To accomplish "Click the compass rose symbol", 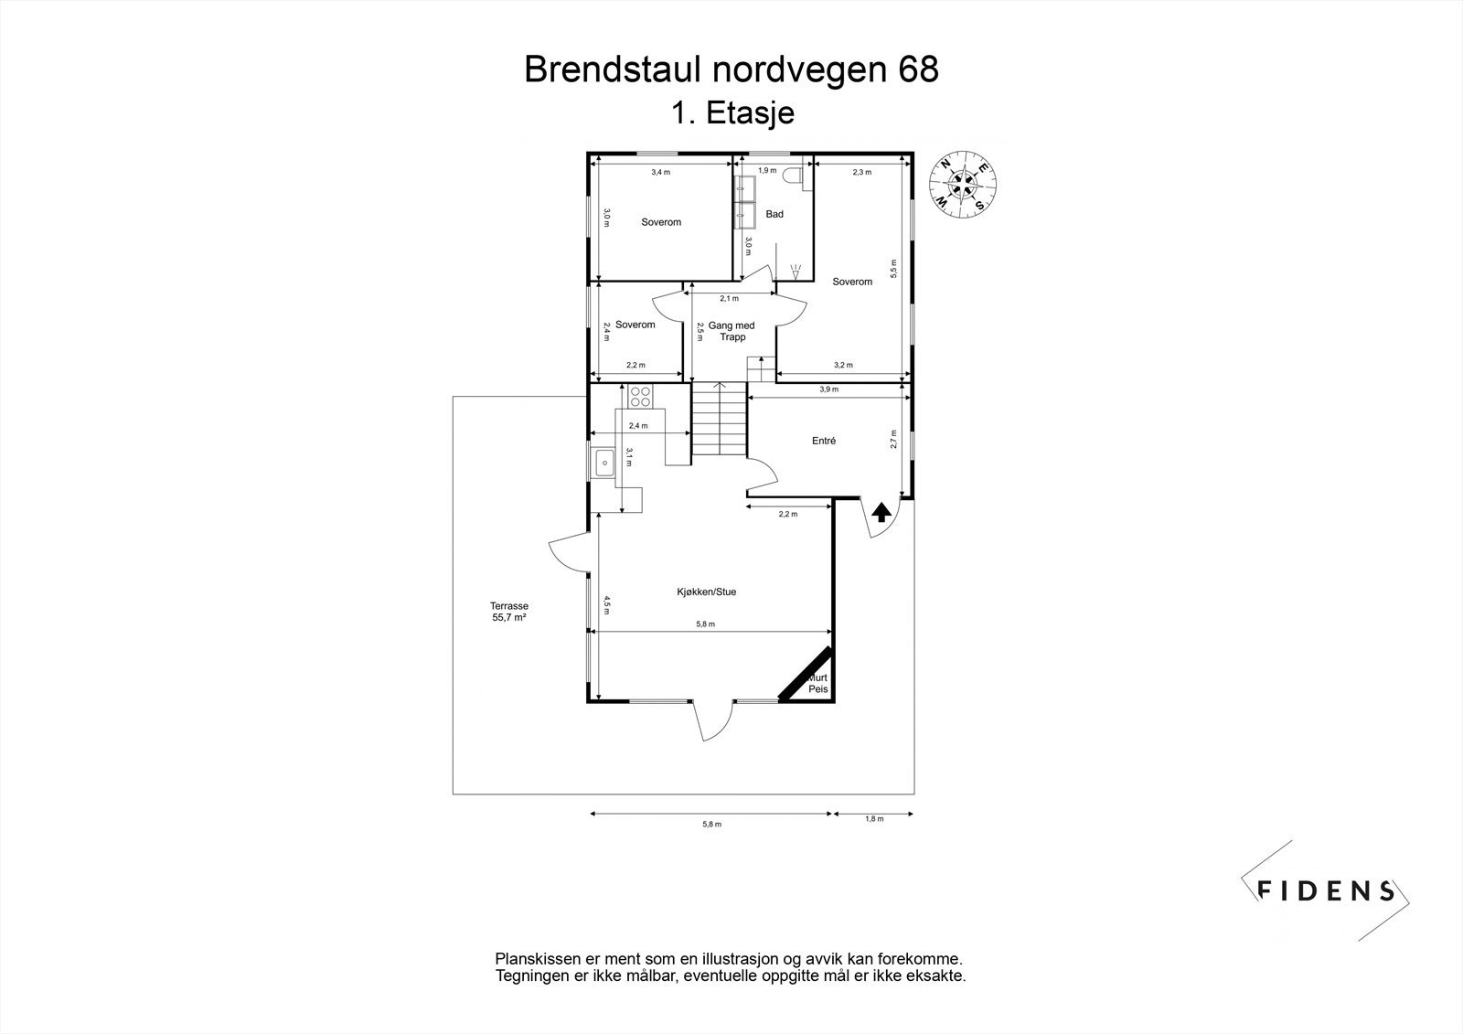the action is tap(963, 185).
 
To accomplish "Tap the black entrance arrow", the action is tap(881, 512).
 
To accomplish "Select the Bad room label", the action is tap(774, 214).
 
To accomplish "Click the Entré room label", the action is tap(824, 441).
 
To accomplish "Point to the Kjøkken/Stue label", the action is tap(707, 592).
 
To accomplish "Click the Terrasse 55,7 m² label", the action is tap(509, 612).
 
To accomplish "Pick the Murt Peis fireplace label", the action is tap(817, 683).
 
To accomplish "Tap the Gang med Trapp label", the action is tap(731, 331).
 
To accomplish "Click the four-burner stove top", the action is tap(640, 396).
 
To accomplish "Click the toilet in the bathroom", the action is tap(793, 176).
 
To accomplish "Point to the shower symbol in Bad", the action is tap(795, 272).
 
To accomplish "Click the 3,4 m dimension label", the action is tap(660, 173).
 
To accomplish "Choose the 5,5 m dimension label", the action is tap(893, 269).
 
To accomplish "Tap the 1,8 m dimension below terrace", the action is tap(874, 818).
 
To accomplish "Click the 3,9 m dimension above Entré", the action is tap(828, 389).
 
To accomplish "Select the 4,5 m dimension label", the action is tap(606, 605).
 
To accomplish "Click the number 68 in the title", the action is tap(919, 69).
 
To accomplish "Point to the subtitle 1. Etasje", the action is tap(732, 113).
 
